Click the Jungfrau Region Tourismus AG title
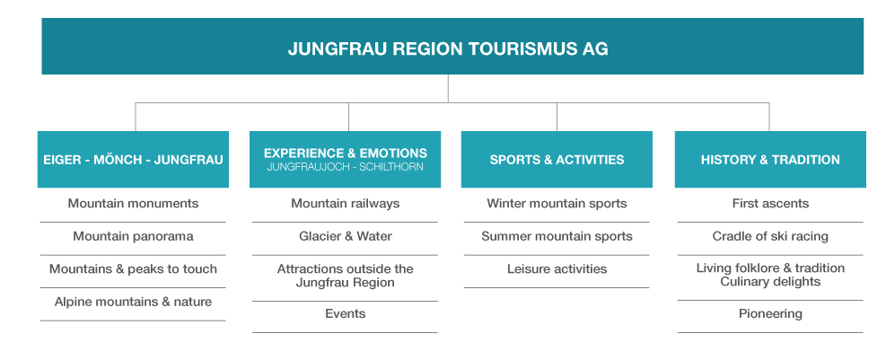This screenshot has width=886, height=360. click(x=448, y=49)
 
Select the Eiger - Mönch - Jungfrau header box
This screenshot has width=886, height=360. click(x=134, y=160)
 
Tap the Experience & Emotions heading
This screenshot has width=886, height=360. click(x=346, y=154)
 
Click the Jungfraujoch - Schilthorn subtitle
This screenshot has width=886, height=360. click(x=346, y=167)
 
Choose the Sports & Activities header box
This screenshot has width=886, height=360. click(x=557, y=160)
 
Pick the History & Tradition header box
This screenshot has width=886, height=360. click(x=770, y=160)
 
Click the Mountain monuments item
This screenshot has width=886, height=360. click(x=134, y=204)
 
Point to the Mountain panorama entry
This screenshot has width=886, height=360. click(x=134, y=236)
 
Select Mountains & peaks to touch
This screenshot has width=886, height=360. click(x=134, y=269)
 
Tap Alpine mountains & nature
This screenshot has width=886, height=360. click(x=134, y=302)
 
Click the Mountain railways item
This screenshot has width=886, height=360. click(x=346, y=204)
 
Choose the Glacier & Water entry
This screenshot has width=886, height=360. click(x=346, y=236)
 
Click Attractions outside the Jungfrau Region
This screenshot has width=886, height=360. click(x=346, y=276)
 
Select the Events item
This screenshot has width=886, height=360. click(x=346, y=313)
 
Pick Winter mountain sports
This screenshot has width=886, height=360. click(x=557, y=204)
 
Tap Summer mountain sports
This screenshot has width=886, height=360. click(x=557, y=236)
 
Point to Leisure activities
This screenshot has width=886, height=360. click(x=557, y=269)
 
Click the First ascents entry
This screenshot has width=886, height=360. click(x=770, y=204)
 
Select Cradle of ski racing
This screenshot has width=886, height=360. click(x=770, y=236)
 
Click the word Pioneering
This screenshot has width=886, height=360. click(x=770, y=313)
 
